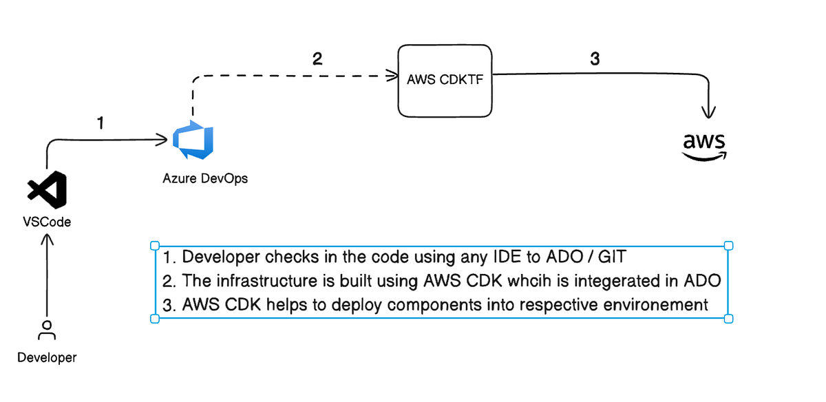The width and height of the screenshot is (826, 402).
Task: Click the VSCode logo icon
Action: pos(47,191)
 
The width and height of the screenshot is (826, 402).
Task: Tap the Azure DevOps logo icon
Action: pos(194,140)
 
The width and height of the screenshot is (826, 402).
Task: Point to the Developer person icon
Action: pos(47,330)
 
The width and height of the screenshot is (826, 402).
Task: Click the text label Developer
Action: pos(47,357)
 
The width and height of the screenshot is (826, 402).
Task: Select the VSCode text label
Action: pos(47,222)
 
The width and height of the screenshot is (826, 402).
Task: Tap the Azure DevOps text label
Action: pos(205,178)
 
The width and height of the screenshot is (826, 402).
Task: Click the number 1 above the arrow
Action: pos(100,123)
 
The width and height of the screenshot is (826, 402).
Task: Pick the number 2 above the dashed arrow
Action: pos(317,59)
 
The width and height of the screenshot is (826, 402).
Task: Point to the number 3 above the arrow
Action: pos(595,59)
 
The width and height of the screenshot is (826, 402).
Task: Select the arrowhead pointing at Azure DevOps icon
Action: pos(162,141)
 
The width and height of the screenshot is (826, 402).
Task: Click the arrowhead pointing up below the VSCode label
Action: pos(47,241)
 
